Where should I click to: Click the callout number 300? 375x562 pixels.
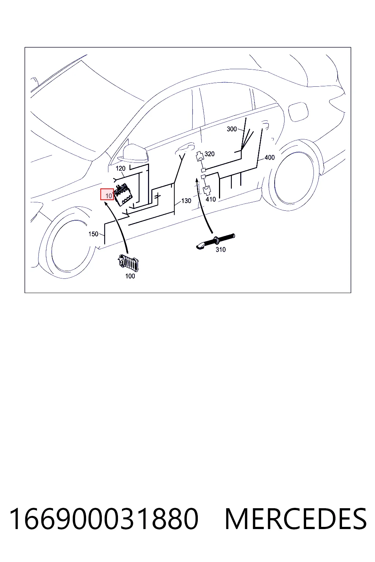pyautogui.click(x=231, y=129)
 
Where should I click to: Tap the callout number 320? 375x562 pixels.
pyautogui.click(x=209, y=154)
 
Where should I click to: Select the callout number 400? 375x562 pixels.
pyautogui.click(x=270, y=158)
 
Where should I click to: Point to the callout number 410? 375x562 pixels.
pyautogui.click(x=211, y=199)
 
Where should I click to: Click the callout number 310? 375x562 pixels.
pyautogui.click(x=220, y=250)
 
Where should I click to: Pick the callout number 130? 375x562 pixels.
pyautogui.click(x=186, y=201)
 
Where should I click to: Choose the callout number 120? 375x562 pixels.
pyautogui.click(x=120, y=168)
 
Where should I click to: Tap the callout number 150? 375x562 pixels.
pyautogui.click(x=93, y=234)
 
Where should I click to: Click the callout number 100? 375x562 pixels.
pyautogui.click(x=130, y=276)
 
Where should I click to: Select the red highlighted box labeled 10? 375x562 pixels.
pyautogui.click(x=107, y=194)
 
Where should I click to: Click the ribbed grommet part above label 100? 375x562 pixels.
pyautogui.click(x=128, y=262)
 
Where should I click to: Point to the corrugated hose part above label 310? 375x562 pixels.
pyautogui.click(x=215, y=241)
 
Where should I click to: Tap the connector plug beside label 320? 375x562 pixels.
pyautogui.click(x=200, y=156)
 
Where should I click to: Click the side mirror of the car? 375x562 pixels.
pyautogui.click(x=133, y=154)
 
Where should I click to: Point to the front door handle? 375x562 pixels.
pyautogui.click(x=185, y=147)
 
